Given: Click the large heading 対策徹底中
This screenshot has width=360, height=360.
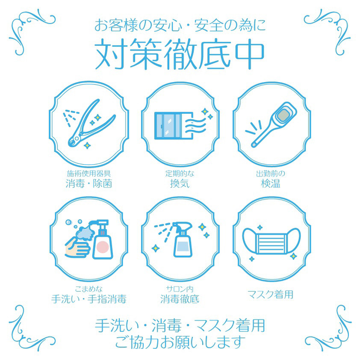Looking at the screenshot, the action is pos(180,54).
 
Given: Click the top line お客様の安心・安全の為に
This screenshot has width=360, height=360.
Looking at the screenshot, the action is pos(180,25).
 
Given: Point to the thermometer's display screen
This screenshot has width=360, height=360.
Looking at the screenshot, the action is pos(283,114).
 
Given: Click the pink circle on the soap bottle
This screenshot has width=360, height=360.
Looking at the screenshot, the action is pos(102,247).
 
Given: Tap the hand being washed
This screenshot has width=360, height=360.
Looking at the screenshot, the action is pos(77,248).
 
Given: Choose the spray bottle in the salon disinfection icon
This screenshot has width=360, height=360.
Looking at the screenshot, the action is pos(182,239).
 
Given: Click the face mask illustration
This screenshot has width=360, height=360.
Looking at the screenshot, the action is pos(271,241).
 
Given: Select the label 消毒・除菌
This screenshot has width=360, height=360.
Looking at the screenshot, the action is pos(89,184).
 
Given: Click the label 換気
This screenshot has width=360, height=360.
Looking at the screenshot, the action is pos(180,184).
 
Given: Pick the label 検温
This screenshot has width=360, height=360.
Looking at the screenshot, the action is pos(271,184).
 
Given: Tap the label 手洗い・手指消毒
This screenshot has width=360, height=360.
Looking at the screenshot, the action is pos(89,299).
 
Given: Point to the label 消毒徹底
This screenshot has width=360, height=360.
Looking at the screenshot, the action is pos(180,299).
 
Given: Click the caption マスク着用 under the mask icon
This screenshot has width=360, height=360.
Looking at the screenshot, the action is pos(271,295).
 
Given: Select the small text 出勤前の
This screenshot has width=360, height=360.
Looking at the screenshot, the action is pos(271,173).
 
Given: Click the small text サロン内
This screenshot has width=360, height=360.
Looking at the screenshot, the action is pos(180,289).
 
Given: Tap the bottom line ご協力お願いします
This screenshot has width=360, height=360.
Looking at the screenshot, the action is pos(180,342).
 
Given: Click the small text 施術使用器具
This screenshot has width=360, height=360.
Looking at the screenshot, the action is pos(89,173).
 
